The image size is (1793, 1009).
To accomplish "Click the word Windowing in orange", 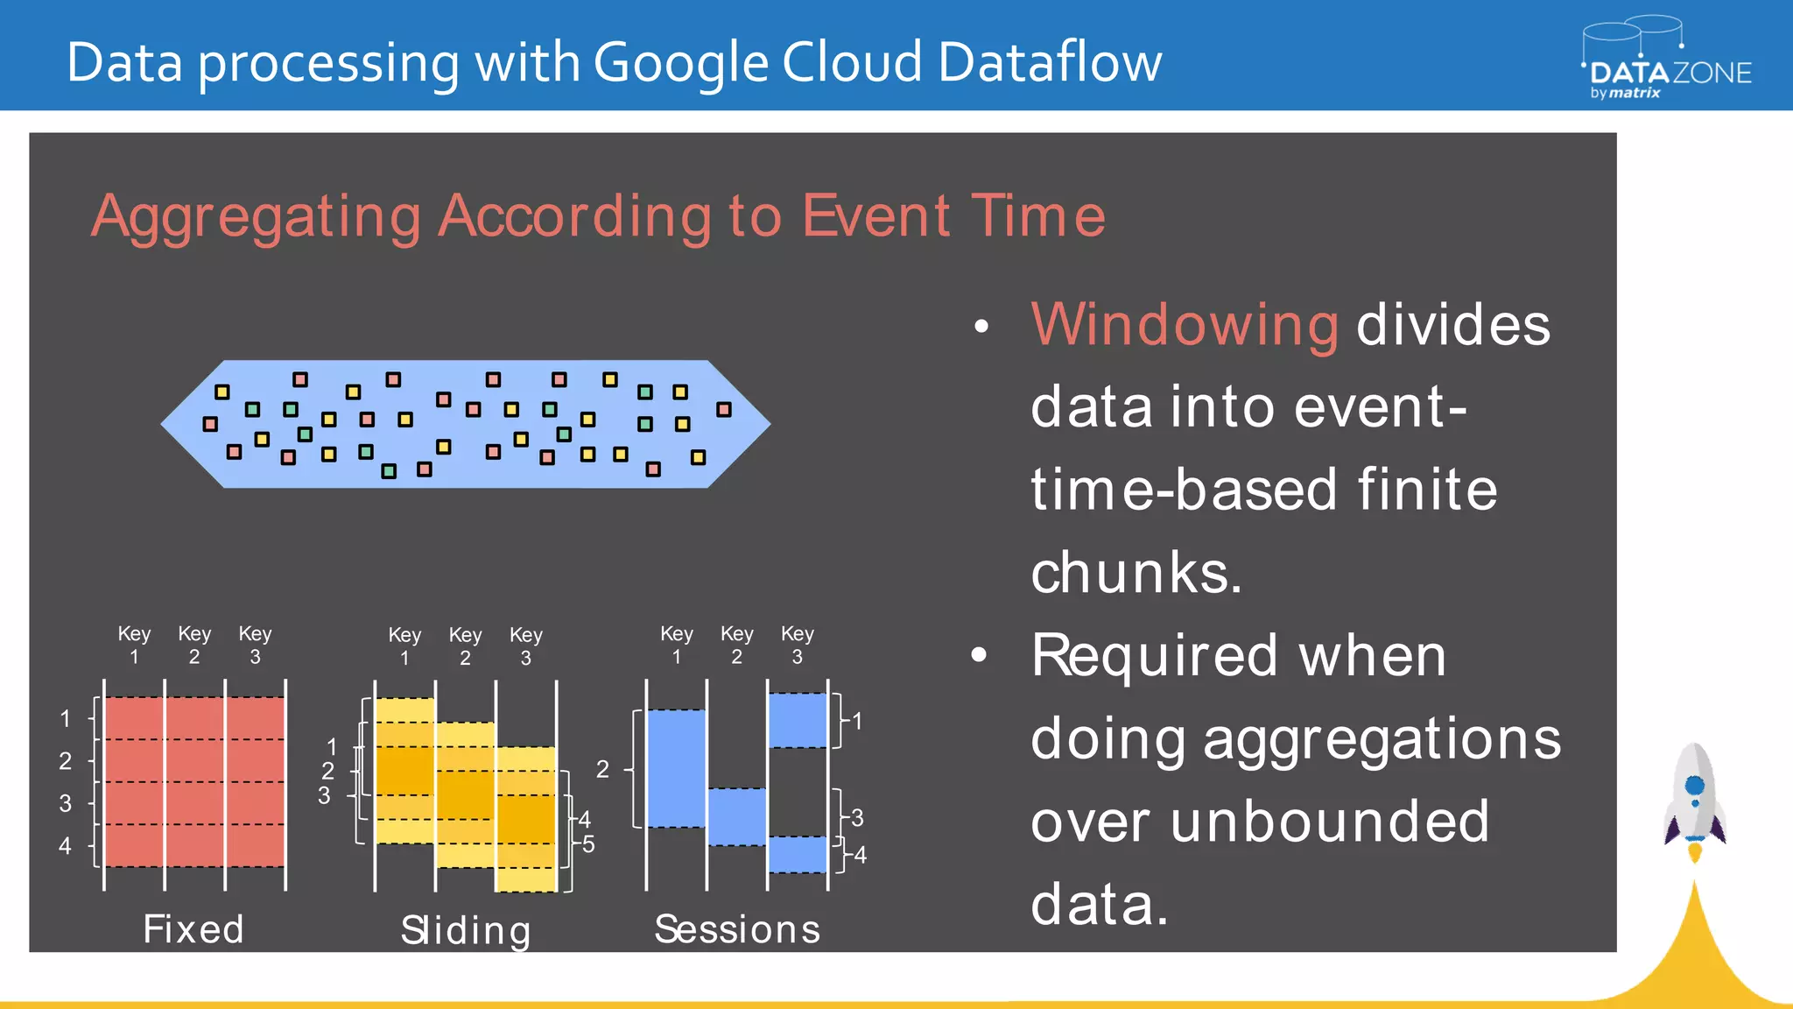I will (1184, 325).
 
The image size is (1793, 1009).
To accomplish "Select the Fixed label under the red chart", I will (193, 928).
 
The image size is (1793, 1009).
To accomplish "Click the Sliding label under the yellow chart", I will (466, 930).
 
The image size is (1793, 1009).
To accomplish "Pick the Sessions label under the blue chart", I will (737, 928).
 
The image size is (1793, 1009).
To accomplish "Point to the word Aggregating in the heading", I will (257, 216).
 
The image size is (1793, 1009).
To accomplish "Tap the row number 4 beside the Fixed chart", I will (65, 846).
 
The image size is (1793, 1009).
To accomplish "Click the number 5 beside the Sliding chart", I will (588, 844).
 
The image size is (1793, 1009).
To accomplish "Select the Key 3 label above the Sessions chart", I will (797, 645).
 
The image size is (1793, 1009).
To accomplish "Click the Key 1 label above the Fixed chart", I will (134, 645).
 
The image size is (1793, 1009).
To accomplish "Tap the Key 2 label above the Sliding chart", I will (465, 646).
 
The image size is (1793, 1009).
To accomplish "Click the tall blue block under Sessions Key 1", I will (676, 768).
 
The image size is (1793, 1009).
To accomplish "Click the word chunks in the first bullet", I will (1136, 573).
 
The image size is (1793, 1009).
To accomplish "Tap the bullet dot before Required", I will (980, 654).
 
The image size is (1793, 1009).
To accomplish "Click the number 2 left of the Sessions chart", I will (602, 769).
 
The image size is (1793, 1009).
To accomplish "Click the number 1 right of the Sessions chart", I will (857, 721).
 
